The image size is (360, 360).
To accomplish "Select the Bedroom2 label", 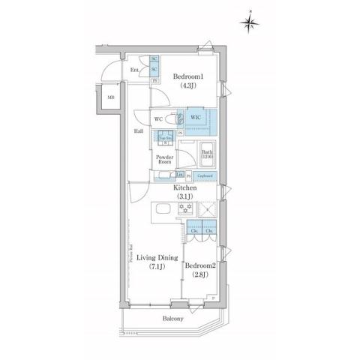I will pyautogui.click(x=201, y=266).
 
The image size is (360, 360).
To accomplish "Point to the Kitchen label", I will pyautogui.click(x=185, y=187).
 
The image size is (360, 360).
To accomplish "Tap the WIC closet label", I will pyautogui.click(x=193, y=118).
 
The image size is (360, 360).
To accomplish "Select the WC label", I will pyautogui.click(x=159, y=118).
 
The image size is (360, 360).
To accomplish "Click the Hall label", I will pyautogui.click(x=139, y=131).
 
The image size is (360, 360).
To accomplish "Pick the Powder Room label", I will pyautogui.click(x=164, y=159).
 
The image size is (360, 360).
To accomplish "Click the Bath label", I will pyautogui.click(x=206, y=154).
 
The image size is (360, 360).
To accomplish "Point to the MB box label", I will pyautogui.click(x=110, y=97).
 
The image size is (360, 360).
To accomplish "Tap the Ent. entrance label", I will pyautogui.click(x=136, y=70).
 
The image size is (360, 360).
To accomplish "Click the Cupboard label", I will pyautogui.click(x=205, y=176).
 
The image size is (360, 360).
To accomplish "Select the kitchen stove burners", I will pyautogui.click(x=184, y=208).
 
